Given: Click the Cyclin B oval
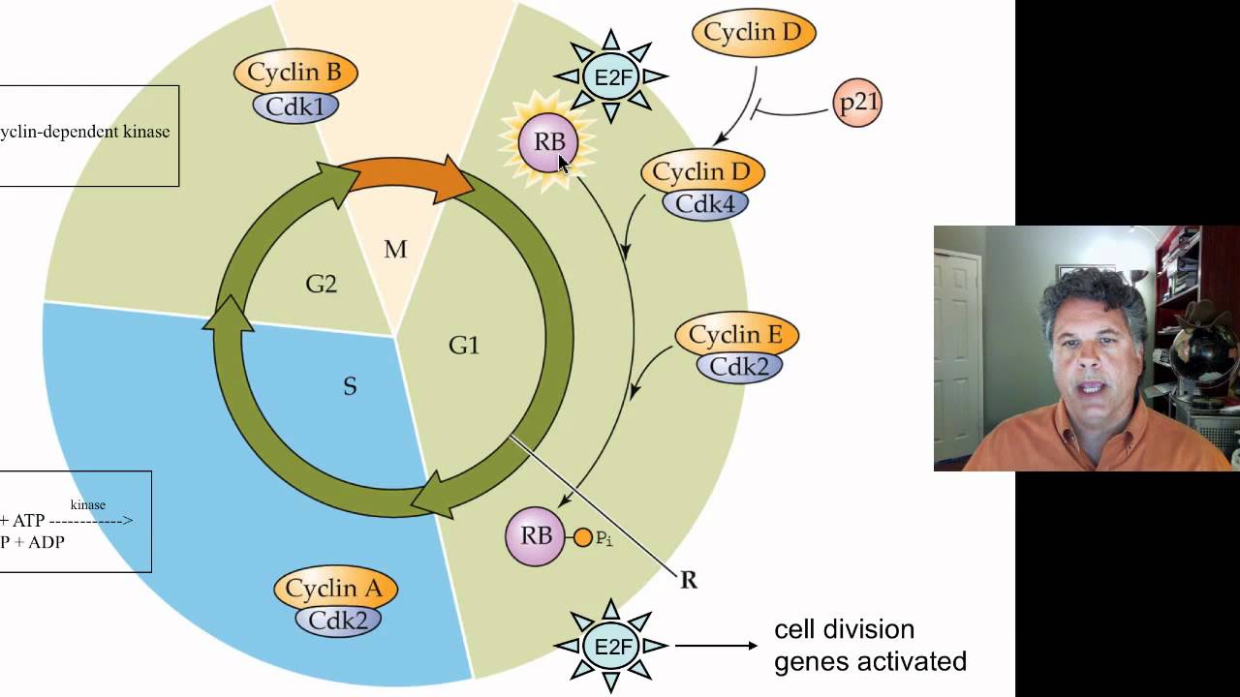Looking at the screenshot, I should (295, 73).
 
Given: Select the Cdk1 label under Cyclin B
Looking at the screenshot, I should (295, 106).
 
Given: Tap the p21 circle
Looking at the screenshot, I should (857, 103).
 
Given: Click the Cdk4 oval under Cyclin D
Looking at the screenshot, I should (705, 203).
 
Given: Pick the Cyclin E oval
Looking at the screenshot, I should (736, 336).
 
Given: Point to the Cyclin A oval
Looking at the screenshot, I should (334, 589).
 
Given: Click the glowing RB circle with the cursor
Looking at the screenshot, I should (548, 142).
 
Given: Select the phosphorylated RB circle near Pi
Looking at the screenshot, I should (535, 536).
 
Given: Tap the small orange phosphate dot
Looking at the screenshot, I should (582, 537).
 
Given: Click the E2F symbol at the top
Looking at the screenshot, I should (611, 76).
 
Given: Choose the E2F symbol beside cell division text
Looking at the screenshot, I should (610, 645).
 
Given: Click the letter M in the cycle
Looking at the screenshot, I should (395, 250).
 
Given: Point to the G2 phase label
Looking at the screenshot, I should (322, 285).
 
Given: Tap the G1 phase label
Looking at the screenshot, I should (464, 345).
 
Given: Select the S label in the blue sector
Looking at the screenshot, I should (350, 387).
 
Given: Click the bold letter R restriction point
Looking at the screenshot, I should (689, 580).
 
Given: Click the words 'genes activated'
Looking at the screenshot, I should (870, 661).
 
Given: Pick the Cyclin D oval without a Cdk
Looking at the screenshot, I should (753, 33).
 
